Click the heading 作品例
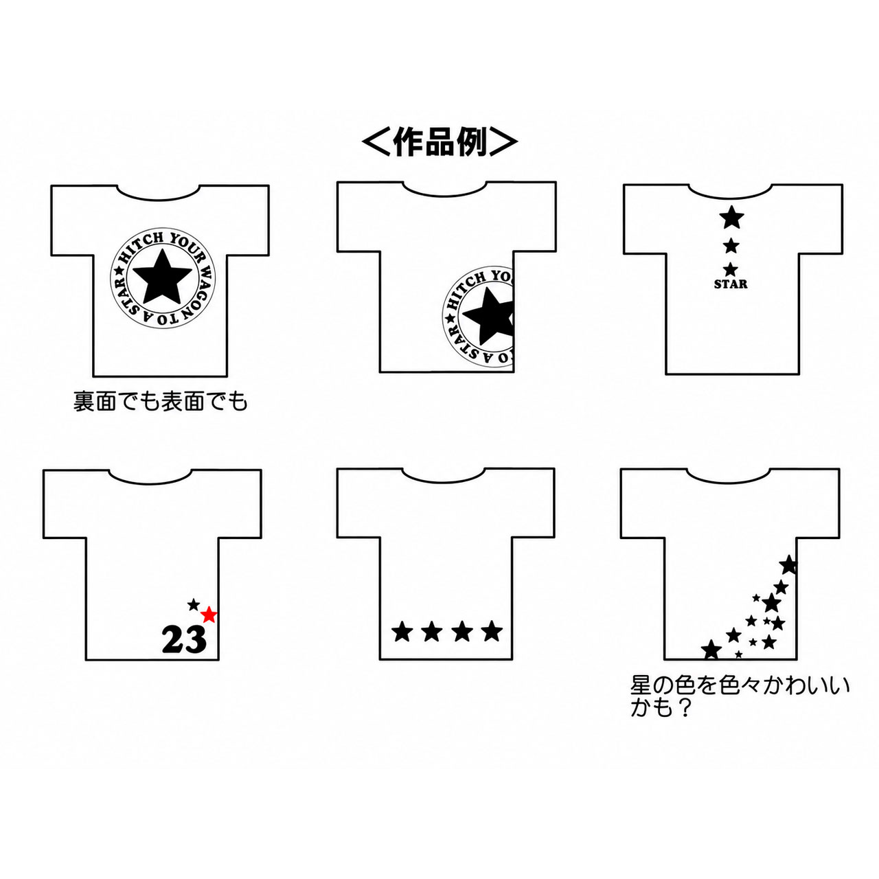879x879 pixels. point(439,142)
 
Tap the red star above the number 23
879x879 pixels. point(209,615)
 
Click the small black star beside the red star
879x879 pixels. point(194,605)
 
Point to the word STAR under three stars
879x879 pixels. point(731,284)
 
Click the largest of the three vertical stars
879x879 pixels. point(731,217)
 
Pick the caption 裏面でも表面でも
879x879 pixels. point(161,402)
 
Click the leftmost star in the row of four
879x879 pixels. point(402,631)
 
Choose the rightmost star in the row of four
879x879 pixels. point(492,631)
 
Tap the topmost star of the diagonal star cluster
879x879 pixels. point(788,565)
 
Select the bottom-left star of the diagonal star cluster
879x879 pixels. point(711,650)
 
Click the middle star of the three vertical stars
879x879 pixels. point(731,246)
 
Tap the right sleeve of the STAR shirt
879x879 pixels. point(821,218)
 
